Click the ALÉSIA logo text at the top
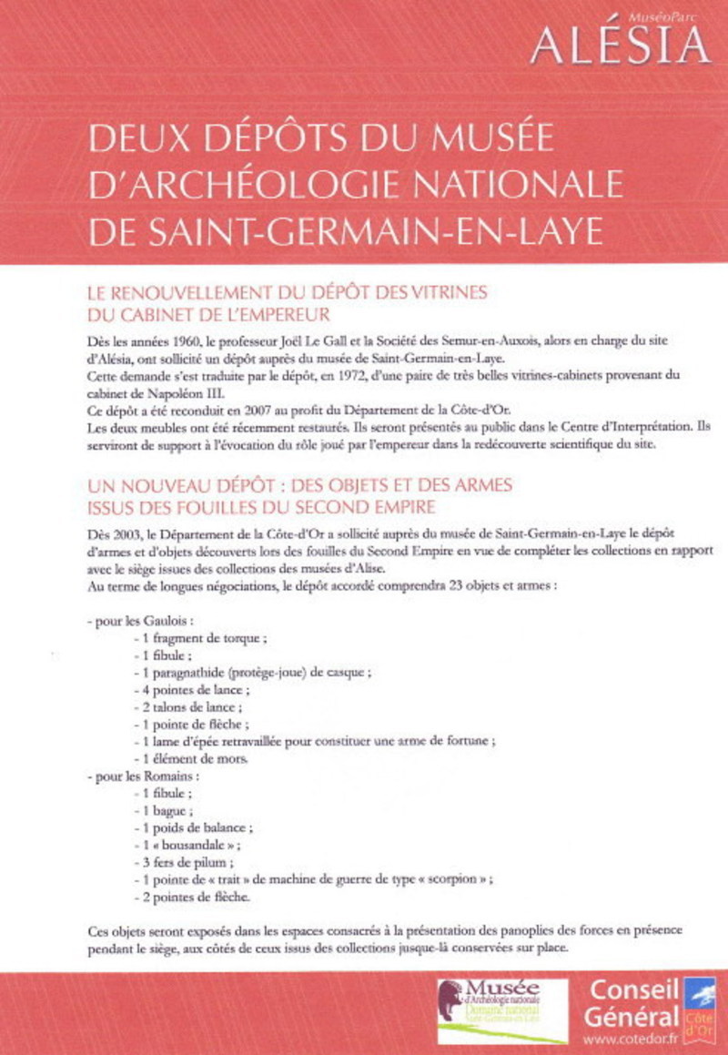click(620, 44)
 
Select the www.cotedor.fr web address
click(631, 1039)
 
